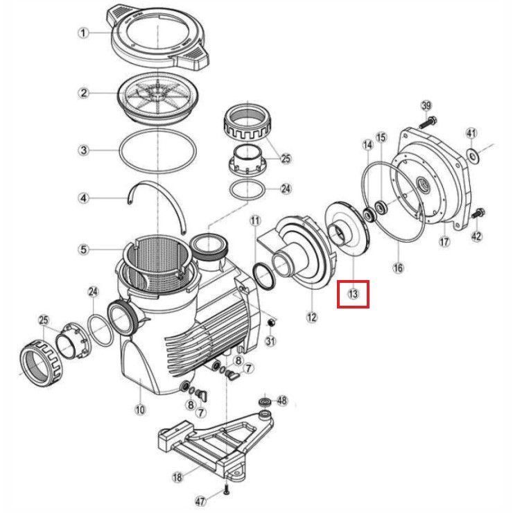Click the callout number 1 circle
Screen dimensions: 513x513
click(x=83, y=33)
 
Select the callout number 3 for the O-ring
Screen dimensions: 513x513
click(x=83, y=150)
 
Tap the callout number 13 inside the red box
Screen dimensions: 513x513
click(x=353, y=295)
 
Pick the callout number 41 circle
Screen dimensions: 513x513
click(x=471, y=133)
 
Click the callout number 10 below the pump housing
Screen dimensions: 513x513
click(x=141, y=410)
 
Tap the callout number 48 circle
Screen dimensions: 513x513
click(x=281, y=401)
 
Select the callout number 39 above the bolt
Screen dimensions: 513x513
click(x=426, y=105)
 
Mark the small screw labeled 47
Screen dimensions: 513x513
click(x=227, y=492)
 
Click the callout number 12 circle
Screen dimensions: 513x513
click(x=312, y=318)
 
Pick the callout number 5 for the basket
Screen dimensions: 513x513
click(x=83, y=249)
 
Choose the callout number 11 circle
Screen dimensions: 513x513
click(x=256, y=221)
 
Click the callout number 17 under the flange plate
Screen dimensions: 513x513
click(x=445, y=242)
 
